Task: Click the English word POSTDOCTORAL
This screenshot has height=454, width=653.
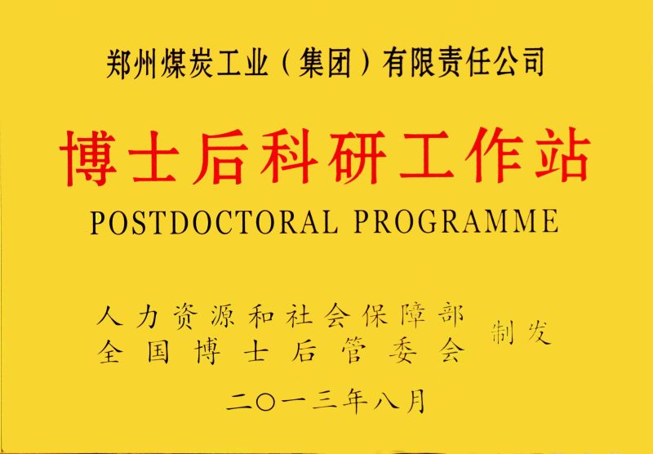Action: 214,221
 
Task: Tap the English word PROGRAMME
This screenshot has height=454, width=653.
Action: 456,221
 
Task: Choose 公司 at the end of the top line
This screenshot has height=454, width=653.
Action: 518,63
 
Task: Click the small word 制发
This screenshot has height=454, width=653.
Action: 522,333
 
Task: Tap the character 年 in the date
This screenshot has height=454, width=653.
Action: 355,403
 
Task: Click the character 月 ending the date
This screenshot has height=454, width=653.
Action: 414,403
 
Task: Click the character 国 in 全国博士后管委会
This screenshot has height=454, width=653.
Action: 158,353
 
